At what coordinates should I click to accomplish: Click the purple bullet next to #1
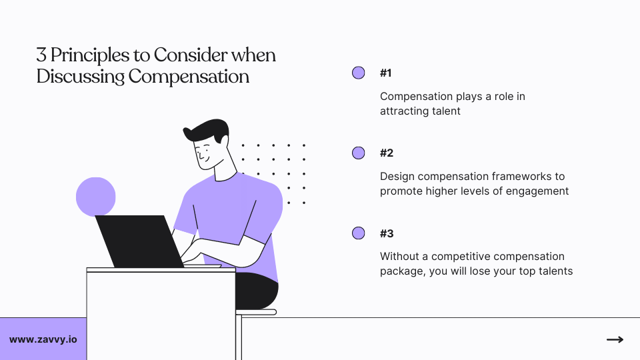click(x=359, y=73)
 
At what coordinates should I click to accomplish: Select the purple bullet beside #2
click(x=359, y=153)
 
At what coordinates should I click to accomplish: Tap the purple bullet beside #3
click(x=359, y=233)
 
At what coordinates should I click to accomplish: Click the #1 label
click(x=387, y=73)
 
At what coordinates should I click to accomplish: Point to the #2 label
click(x=387, y=153)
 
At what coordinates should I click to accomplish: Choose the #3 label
click(x=387, y=233)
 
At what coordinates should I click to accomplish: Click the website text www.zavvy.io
click(x=43, y=339)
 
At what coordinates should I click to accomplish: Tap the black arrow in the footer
click(x=615, y=339)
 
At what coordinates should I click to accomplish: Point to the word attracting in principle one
click(x=405, y=111)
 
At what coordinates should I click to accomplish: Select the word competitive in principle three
click(x=459, y=257)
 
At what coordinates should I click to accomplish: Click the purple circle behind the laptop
click(x=95, y=196)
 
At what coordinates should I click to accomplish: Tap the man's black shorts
click(x=256, y=290)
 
